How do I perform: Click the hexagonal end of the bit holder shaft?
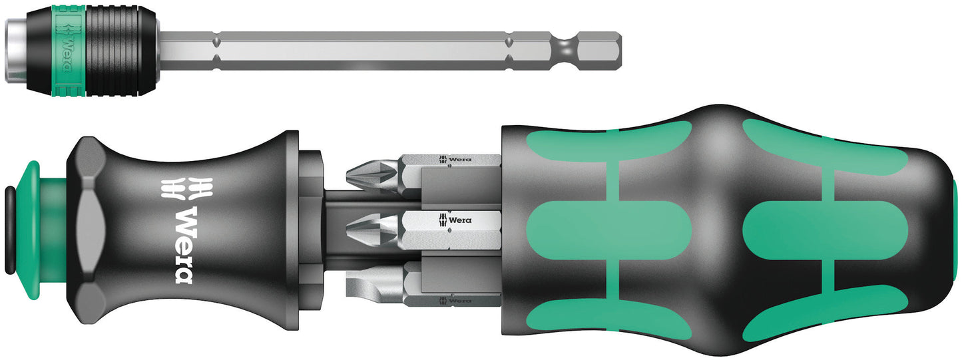click(599, 51)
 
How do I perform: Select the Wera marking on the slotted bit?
click(455, 301)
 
